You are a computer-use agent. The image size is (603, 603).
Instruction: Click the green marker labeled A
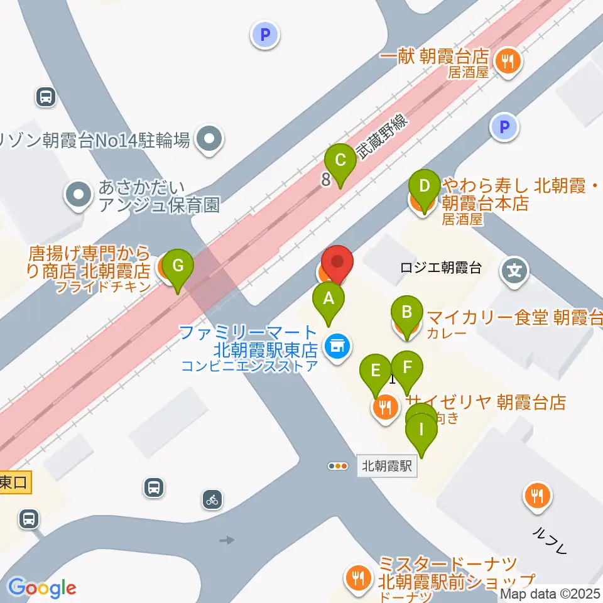(328, 299)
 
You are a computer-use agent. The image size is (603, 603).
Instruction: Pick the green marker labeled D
(424, 187)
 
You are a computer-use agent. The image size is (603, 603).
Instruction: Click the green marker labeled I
(421, 432)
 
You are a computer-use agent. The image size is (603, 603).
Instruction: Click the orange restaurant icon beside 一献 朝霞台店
(506, 61)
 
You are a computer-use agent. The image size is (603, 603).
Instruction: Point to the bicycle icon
(212, 500)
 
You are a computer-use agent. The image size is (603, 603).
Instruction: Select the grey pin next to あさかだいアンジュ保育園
(78, 195)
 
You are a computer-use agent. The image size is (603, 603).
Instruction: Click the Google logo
(42, 589)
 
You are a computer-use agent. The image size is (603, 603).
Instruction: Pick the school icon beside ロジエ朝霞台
(514, 272)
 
